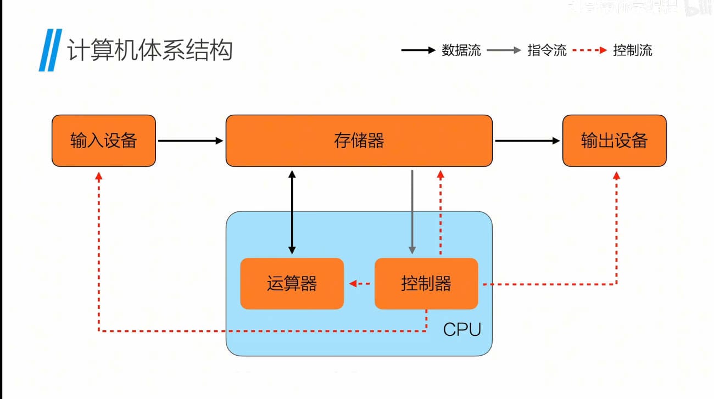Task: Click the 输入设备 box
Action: point(104,141)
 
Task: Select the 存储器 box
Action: point(359,141)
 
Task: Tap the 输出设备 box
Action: point(614,141)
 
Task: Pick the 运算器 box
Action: point(292,284)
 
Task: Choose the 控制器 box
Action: point(426,284)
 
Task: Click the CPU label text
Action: point(462,330)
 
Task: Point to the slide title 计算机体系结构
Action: point(149,50)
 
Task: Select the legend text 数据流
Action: point(461,50)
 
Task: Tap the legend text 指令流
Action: point(546,50)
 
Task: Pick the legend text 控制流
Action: point(633,50)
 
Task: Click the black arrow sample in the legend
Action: point(418,50)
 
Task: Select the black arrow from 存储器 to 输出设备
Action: point(527,141)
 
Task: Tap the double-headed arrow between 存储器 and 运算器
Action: point(292,212)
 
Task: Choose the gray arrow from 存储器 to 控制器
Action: point(412,212)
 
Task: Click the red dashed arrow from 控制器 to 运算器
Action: point(360,284)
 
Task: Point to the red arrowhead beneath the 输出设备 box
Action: point(616,176)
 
